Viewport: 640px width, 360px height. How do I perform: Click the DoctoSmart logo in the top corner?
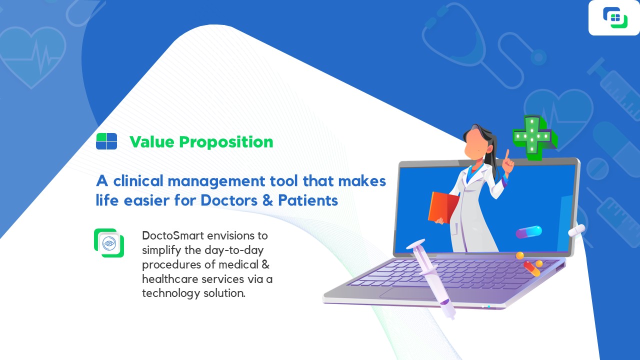pyautogui.click(x=615, y=17)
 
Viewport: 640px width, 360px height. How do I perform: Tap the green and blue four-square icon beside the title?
pyautogui.click(x=106, y=141)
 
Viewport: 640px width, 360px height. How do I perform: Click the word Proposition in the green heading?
pyautogui.click(x=226, y=142)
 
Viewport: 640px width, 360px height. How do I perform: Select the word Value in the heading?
pyautogui.click(x=151, y=141)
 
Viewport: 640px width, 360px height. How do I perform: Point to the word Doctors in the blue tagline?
pyautogui.click(x=229, y=200)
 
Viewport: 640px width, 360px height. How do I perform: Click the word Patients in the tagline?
pyautogui.click(x=308, y=200)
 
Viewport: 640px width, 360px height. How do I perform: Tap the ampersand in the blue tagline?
pyautogui.click(x=267, y=200)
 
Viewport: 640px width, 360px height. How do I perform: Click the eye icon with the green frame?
pyautogui.click(x=109, y=243)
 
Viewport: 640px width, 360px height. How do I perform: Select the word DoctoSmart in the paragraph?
pyautogui.click(x=173, y=235)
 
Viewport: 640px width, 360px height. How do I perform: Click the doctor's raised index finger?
pyautogui.click(x=507, y=155)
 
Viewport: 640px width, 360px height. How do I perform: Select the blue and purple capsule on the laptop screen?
pyautogui.click(x=528, y=231)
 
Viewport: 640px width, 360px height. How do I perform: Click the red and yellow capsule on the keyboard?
pyautogui.click(x=531, y=268)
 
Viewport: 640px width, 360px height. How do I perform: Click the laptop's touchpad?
pyautogui.click(x=408, y=293)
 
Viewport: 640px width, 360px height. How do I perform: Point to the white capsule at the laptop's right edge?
pyautogui.click(x=576, y=230)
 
